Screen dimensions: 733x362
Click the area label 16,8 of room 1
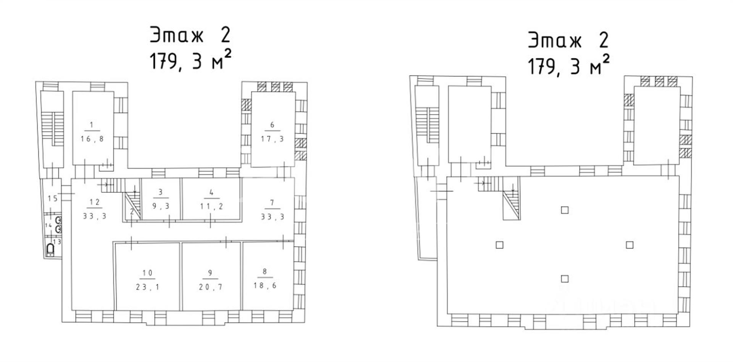pyautogui.click(x=92, y=139)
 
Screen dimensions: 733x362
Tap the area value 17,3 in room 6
pyautogui.click(x=272, y=139)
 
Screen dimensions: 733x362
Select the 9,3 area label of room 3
pyautogui.click(x=161, y=206)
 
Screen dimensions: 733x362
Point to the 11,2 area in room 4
pyautogui.click(x=212, y=206)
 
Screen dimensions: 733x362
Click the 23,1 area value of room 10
pyautogui.click(x=147, y=287)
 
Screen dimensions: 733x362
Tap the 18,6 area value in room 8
pyautogui.click(x=265, y=285)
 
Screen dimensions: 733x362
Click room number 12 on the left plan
pyautogui.click(x=94, y=202)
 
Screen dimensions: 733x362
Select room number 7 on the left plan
pyautogui.click(x=272, y=202)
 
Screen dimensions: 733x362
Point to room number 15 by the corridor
pyautogui.click(x=53, y=198)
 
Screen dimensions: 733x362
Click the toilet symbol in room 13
pyautogui.click(x=50, y=250)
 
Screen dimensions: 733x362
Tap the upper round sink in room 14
pyautogui.click(x=59, y=220)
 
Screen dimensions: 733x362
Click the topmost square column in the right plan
pyautogui.click(x=565, y=210)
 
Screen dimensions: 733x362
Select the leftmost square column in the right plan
pyautogui.click(x=499, y=245)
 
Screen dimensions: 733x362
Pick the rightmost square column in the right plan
pyautogui.click(x=630, y=245)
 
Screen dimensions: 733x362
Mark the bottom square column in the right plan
pyautogui.click(x=565, y=279)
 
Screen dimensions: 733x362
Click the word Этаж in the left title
pyautogui.click(x=176, y=35)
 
